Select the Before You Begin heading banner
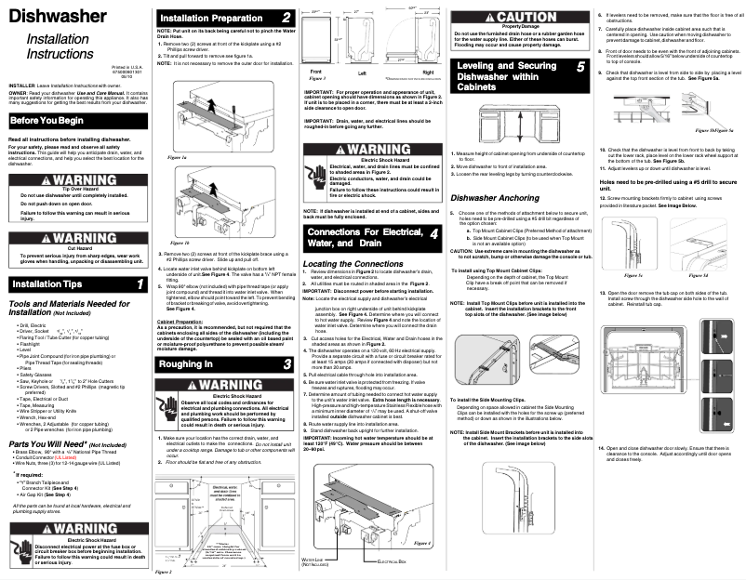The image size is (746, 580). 52,122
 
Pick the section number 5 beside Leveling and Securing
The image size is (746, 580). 579,67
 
